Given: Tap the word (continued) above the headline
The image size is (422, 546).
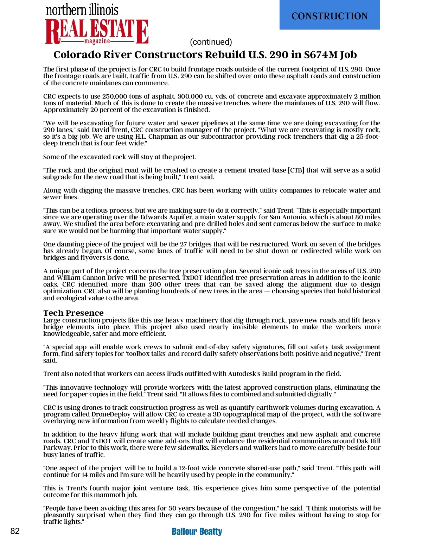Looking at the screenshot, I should pos(211,42).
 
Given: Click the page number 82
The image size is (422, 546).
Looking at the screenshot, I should pos(15,531).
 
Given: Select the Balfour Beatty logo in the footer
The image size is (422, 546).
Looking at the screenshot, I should pos(197,531).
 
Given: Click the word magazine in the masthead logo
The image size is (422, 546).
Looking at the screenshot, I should pos(97,41).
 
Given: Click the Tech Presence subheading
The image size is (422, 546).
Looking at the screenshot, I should pos(73,313).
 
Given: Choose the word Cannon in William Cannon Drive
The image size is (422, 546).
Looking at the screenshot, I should pos(93,278).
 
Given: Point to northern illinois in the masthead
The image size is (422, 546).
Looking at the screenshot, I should pos(82,10).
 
